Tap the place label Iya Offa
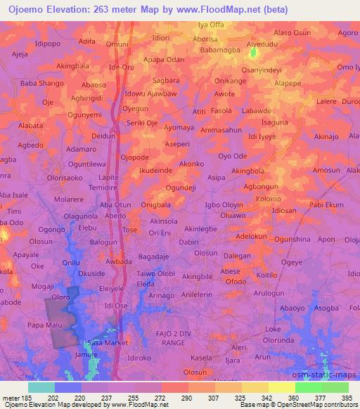coord(210,25)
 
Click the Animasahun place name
coord(220,130)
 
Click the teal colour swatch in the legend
coord(41,387)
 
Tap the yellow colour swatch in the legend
coord(281,387)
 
